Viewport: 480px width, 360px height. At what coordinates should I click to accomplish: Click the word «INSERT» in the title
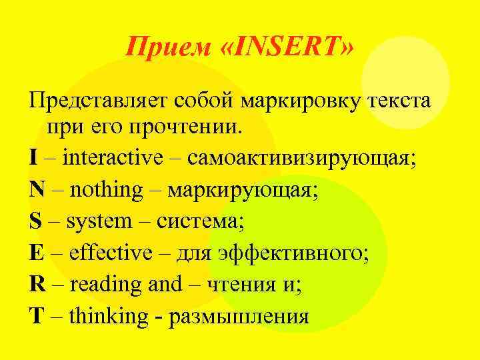pos(291,47)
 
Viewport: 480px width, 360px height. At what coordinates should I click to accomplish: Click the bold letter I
pos(33,158)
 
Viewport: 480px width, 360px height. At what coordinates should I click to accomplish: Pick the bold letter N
pos(37,190)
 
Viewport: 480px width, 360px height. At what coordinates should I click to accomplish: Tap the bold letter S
pos(35,221)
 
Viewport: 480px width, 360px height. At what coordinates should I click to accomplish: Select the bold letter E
pos(36,253)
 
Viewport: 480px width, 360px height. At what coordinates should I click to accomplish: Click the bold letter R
pos(37,284)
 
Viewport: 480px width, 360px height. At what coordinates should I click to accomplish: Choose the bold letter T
pos(36,315)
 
